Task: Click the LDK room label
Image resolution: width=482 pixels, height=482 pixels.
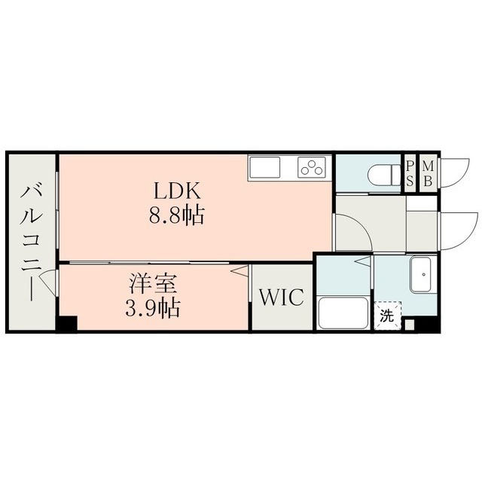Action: tap(177, 191)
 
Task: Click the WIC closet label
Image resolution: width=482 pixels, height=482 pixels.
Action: tap(282, 297)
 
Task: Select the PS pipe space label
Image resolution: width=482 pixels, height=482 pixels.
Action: tap(410, 174)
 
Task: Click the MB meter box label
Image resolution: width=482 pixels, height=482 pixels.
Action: tap(428, 174)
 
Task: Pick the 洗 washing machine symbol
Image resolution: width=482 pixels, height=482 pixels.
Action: tap(387, 316)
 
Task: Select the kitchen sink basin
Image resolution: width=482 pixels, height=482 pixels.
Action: tap(264, 167)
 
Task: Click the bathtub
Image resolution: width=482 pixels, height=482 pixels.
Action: tap(344, 313)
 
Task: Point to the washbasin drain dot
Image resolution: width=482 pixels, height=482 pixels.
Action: tap(424, 274)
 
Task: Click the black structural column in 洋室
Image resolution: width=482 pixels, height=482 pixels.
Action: tap(66, 323)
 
